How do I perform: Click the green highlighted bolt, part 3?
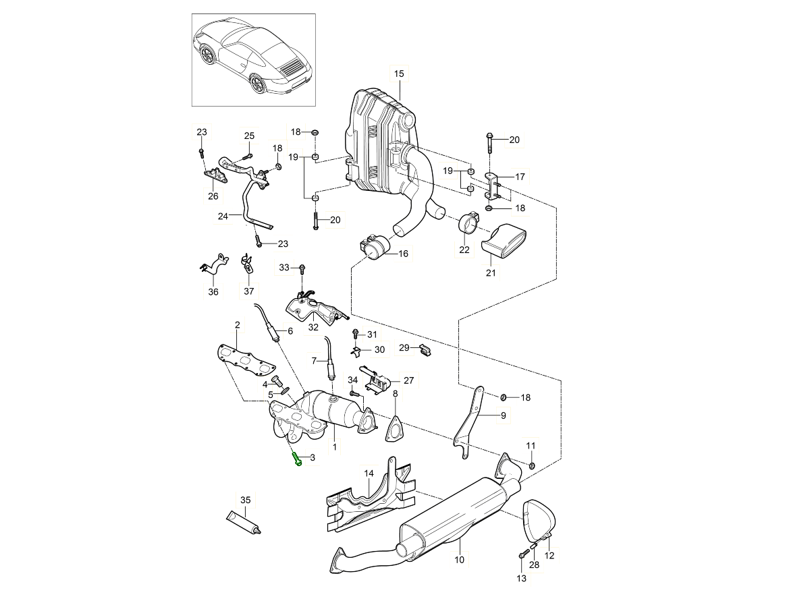(297, 459)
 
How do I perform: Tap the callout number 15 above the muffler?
(398, 74)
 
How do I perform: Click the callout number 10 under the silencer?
(459, 560)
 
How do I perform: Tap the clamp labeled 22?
(467, 223)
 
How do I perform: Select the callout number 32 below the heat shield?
(313, 328)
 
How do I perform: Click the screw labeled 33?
(302, 269)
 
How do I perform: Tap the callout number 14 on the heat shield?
(369, 473)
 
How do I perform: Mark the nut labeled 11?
(532, 465)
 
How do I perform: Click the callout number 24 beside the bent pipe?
(223, 216)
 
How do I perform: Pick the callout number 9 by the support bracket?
(503, 416)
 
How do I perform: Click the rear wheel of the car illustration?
(257, 84)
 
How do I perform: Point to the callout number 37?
(249, 292)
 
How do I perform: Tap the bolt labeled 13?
(523, 554)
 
